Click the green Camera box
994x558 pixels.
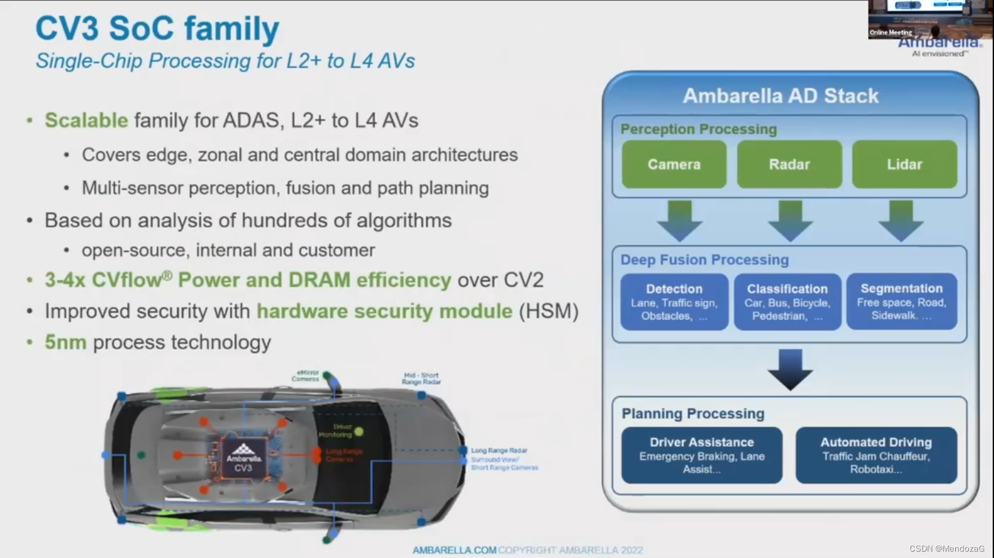pos(674,165)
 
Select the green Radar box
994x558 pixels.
pos(789,165)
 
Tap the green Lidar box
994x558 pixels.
pos(904,165)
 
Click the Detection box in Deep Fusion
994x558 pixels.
pos(674,302)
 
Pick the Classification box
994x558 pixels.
pos(787,302)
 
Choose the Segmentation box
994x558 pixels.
pos(901,302)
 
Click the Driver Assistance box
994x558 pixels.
pos(702,455)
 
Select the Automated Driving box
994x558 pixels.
pos(876,455)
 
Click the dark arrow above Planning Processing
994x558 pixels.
pos(790,369)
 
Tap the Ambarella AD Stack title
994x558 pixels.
pos(780,96)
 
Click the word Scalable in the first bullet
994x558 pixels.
pos(86,121)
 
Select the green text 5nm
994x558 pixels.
pos(65,342)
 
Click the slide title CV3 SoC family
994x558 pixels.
pos(157,29)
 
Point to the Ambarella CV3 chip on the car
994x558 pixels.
pos(243,458)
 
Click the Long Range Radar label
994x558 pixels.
pos(499,450)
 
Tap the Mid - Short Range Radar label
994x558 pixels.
pos(421,379)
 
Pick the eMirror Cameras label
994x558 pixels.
pos(306,376)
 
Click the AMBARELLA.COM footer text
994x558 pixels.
pos(454,550)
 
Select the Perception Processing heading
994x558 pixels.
pos(699,129)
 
